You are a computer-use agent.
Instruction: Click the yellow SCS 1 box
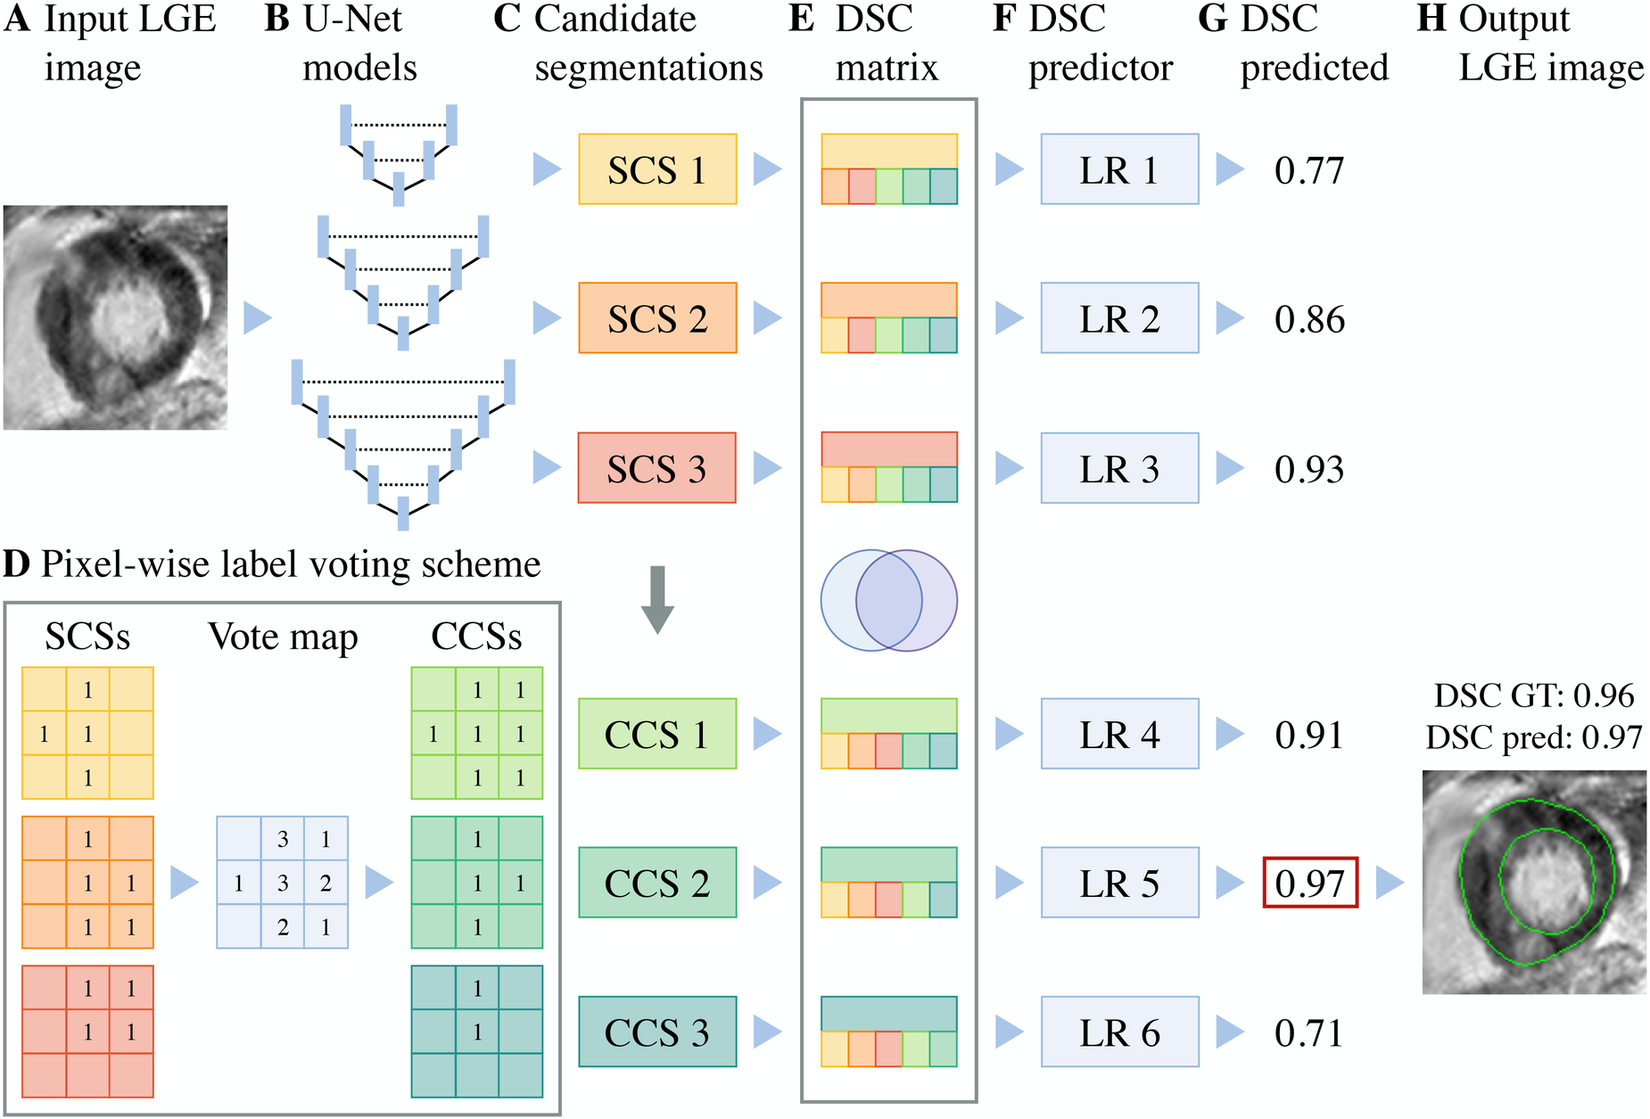(x=657, y=169)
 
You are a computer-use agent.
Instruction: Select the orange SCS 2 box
(x=657, y=318)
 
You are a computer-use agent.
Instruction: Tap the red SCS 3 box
(x=657, y=468)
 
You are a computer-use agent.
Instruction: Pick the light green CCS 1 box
(x=657, y=734)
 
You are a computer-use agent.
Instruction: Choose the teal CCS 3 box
(x=657, y=1032)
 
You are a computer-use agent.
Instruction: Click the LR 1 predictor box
(x=1119, y=169)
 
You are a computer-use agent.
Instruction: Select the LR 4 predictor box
(x=1119, y=734)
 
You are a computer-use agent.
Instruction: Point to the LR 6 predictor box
(x=1119, y=1032)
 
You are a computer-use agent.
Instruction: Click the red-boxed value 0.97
(x=1310, y=883)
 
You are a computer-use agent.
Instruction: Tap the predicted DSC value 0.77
(x=1308, y=170)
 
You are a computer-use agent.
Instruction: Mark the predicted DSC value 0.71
(x=1308, y=1033)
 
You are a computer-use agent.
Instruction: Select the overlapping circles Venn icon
(x=888, y=600)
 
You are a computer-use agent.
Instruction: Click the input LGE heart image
(x=115, y=317)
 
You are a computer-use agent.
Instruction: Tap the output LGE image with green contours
(x=1534, y=882)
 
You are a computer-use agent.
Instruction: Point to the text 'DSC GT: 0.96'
(x=1534, y=695)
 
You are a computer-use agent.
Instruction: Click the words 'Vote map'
(x=283, y=637)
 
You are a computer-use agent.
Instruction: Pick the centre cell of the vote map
(x=283, y=883)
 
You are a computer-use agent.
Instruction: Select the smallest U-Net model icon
(x=399, y=154)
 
